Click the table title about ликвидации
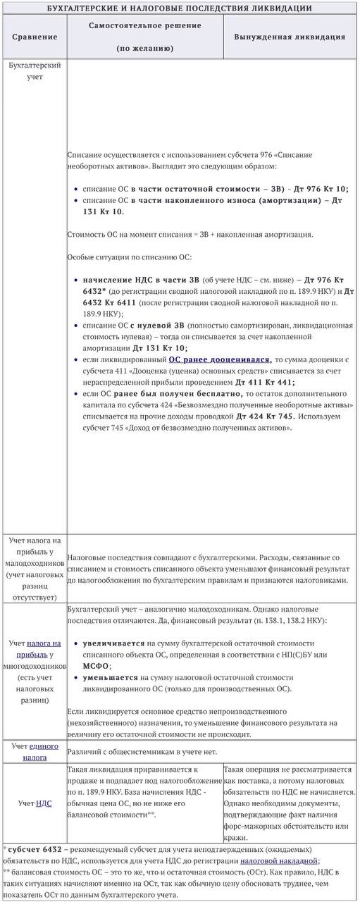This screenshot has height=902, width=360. point(180,8)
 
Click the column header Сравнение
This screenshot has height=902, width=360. point(35,36)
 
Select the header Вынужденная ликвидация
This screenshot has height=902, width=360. point(289,36)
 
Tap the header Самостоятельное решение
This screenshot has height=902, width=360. point(144,25)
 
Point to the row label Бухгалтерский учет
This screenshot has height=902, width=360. point(35,70)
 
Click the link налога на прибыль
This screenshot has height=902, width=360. point(42,648)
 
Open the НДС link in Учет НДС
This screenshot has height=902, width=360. point(44,803)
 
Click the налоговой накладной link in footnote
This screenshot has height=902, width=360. point(279,860)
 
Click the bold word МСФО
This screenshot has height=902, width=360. point(97,665)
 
